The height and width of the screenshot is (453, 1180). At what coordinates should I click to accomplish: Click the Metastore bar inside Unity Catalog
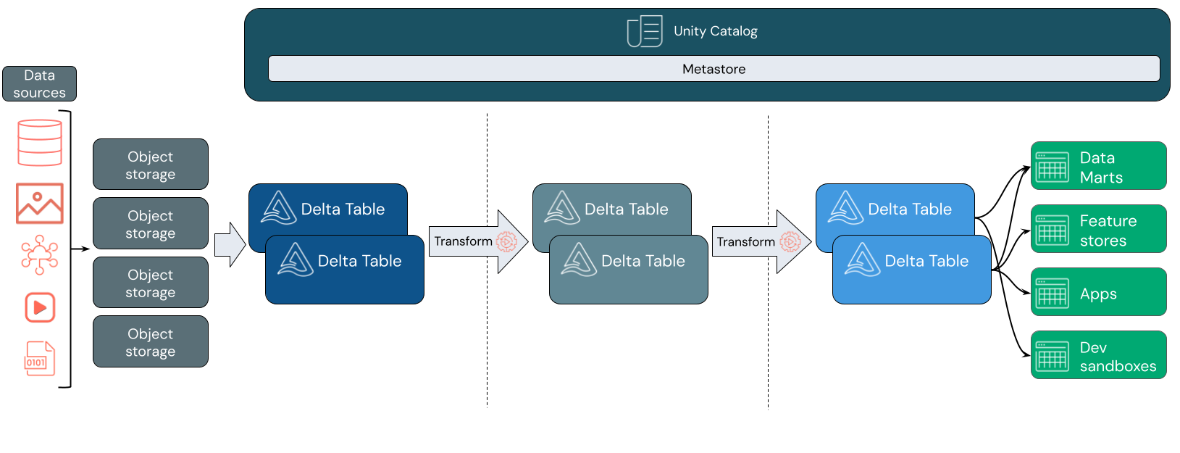[714, 69]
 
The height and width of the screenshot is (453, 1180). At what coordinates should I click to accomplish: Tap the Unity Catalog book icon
[644, 31]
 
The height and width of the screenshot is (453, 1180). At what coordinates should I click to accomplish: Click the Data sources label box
[39, 84]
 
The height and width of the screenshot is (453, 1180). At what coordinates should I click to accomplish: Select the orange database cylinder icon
[40, 143]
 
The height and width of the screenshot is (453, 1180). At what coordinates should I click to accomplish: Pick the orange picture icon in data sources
[40, 203]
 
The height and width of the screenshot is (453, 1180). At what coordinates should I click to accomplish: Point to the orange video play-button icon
[40, 307]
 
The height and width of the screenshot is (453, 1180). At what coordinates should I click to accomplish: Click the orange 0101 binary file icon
[40, 359]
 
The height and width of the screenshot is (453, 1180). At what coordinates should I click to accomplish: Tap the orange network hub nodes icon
[39, 254]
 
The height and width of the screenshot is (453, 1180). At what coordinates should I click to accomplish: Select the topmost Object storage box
[151, 165]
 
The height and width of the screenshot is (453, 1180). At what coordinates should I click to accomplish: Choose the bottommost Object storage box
[151, 341]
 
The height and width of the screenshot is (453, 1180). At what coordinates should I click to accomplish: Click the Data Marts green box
[1098, 166]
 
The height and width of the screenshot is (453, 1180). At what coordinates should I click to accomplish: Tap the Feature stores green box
[1098, 229]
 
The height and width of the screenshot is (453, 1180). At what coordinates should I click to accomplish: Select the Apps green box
[1098, 292]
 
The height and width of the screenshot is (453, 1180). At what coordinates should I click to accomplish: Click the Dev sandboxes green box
[1098, 355]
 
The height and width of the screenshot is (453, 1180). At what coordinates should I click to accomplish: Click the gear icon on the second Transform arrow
[790, 241]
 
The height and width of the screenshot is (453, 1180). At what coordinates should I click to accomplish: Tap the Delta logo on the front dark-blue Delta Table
[296, 259]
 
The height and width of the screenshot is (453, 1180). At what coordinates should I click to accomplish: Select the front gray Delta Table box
[629, 270]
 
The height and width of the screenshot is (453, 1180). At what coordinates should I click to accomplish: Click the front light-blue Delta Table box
[911, 270]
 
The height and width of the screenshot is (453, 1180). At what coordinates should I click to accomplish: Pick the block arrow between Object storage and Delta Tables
[230, 245]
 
